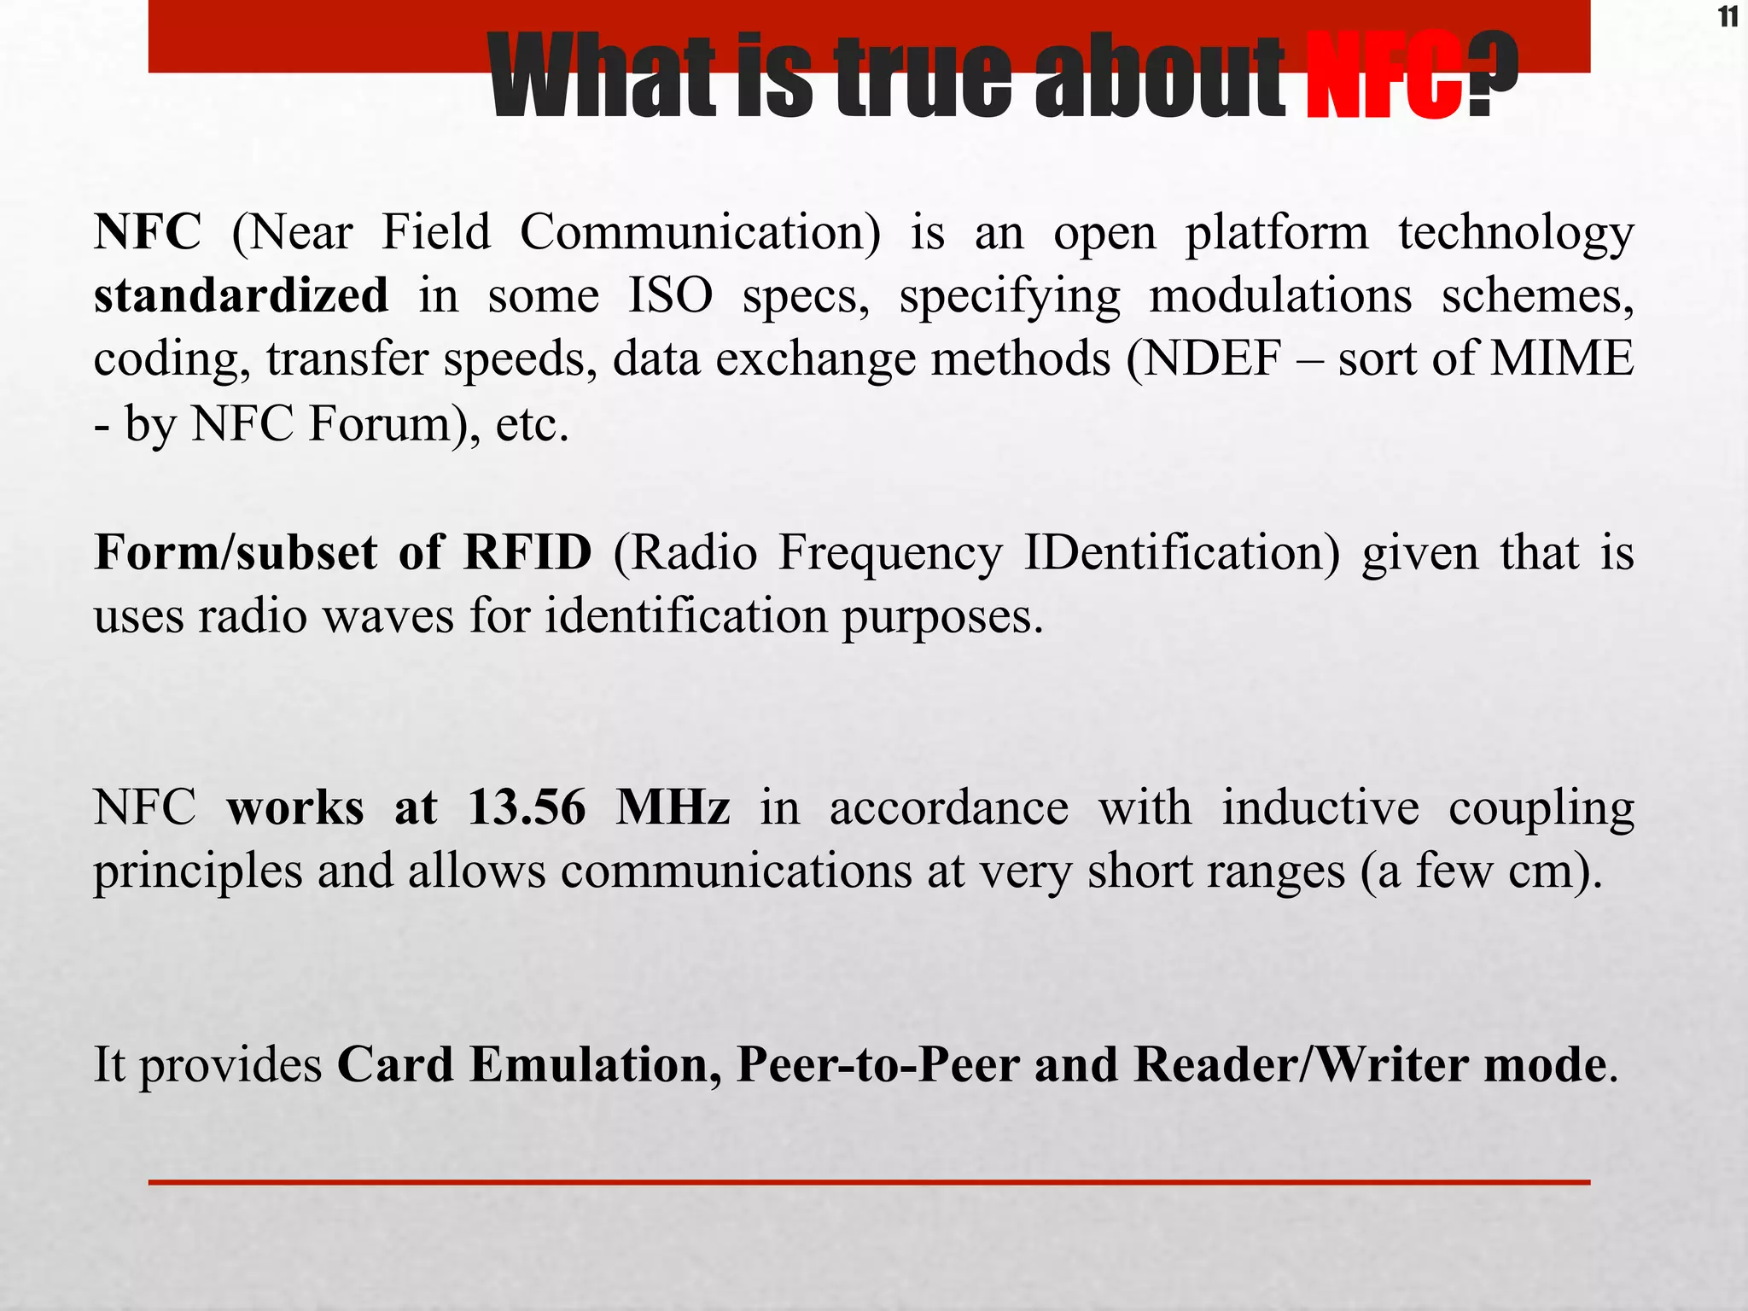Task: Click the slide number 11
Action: pyautogui.click(x=1727, y=17)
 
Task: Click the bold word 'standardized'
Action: pyautogui.click(x=241, y=295)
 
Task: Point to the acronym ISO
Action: pyautogui.click(x=670, y=295)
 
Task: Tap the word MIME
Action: pyautogui.click(x=1561, y=358)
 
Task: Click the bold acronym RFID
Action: pyautogui.click(x=527, y=552)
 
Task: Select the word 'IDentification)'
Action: pyautogui.click(x=1182, y=552)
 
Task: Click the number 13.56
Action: pyautogui.click(x=527, y=807)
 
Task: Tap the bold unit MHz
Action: pyautogui.click(x=673, y=807)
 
